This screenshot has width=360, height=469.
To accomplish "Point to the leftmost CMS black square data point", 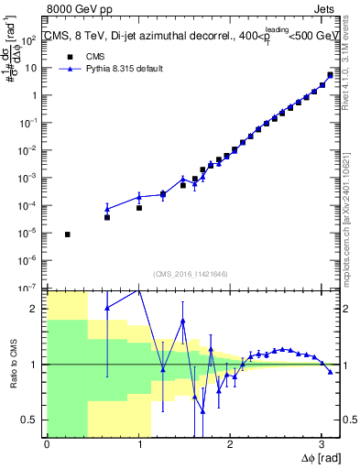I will click(x=68, y=234).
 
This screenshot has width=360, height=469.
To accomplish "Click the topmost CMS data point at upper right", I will click(x=330, y=75).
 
